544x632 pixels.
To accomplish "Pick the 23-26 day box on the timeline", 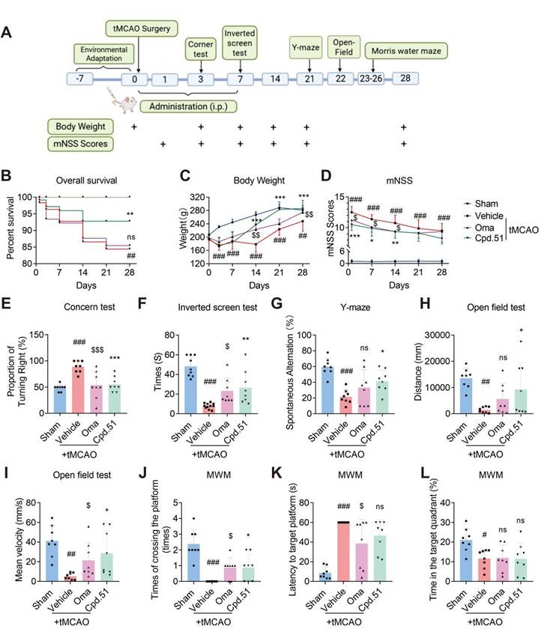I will pyautogui.click(x=370, y=79).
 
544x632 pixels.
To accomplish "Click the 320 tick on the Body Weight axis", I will pyautogui.click(x=191, y=197).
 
